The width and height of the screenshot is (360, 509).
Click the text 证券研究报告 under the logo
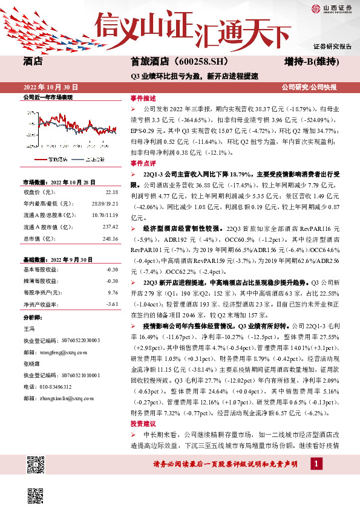click(332, 46)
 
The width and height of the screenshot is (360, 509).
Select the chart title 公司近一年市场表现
click(47, 97)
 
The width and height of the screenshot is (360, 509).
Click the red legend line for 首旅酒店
click(41, 160)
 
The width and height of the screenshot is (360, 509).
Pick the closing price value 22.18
click(111, 192)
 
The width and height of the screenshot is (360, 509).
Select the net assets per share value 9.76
click(112, 293)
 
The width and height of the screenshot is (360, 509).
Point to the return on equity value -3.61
click(111, 304)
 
